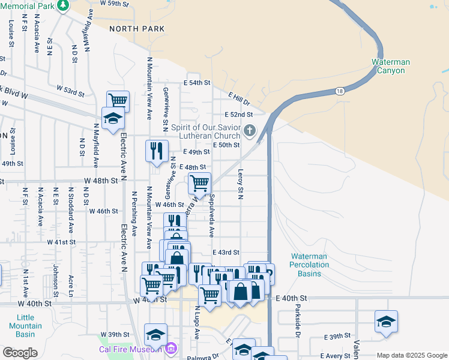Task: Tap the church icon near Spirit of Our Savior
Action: (x=250, y=130)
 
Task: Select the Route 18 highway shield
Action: (x=340, y=91)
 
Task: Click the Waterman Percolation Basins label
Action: (x=309, y=265)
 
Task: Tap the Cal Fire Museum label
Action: (x=131, y=349)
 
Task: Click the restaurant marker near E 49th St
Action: (x=157, y=151)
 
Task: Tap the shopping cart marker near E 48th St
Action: (x=199, y=182)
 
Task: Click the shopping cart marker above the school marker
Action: (x=118, y=100)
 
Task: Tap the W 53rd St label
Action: (x=71, y=91)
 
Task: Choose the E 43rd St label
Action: (x=226, y=253)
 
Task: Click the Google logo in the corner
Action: (x=20, y=352)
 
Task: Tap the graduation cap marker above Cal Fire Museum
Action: (x=156, y=334)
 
